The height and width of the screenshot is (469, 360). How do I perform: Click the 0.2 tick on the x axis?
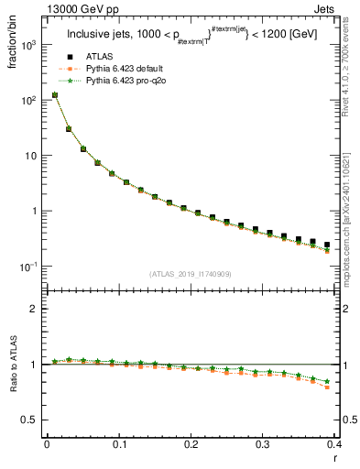[x=191, y=444]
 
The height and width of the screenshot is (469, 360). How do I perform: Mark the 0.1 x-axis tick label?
[x=118, y=444]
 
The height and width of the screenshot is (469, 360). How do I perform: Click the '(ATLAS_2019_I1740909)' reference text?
[x=191, y=274]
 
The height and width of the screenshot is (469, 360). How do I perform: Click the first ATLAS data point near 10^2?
[x=54, y=94]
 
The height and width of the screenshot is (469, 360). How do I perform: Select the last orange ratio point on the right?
[x=327, y=387]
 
